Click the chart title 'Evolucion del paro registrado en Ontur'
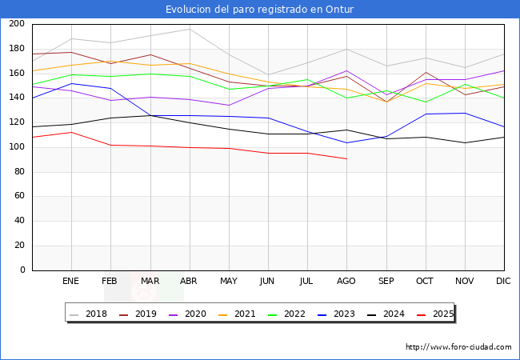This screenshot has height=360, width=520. point(260,10)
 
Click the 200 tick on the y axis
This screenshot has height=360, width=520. point(16,24)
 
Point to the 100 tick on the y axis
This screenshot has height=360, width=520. point(16,147)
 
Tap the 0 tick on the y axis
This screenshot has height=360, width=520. point(22,270)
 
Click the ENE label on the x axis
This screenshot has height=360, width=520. point(71,281)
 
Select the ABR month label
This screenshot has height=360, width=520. point(189,281)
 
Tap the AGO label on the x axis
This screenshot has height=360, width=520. point(346,281)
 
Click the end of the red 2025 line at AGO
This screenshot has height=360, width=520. point(346,158)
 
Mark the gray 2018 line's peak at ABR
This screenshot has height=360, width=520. point(189,29)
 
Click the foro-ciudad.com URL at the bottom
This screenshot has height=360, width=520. point(458,347)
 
